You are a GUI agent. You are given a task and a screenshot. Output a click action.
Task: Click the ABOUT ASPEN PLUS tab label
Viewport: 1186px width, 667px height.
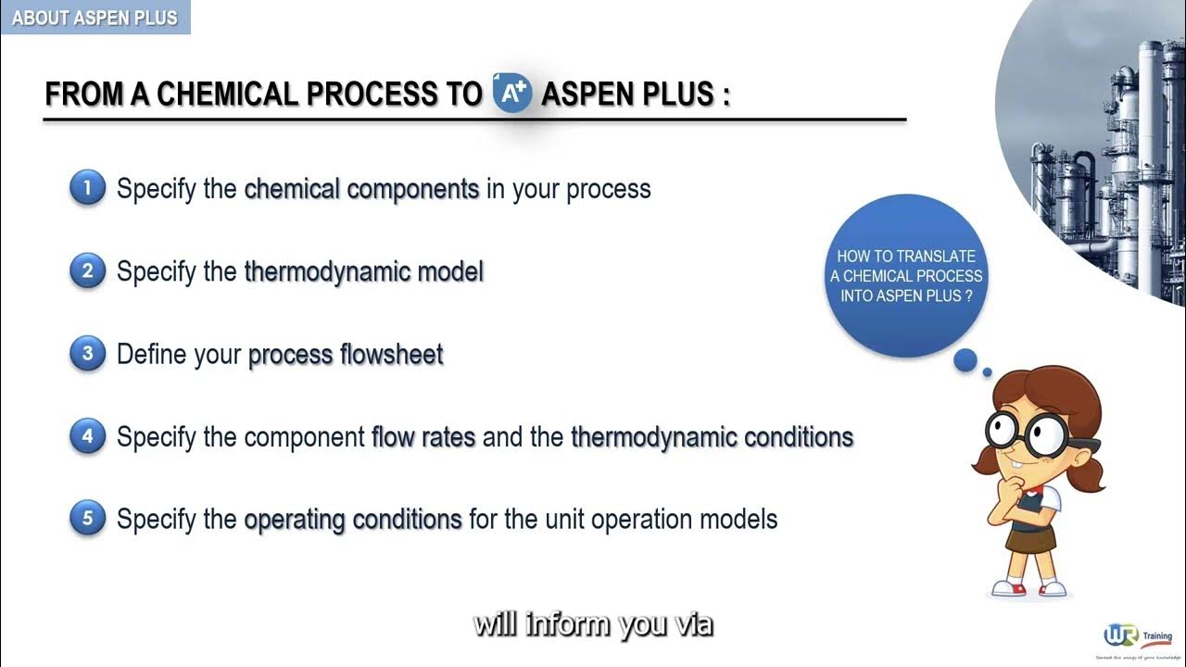[x=95, y=18]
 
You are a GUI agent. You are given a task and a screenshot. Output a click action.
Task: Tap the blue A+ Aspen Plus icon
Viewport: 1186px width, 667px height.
[x=511, y=93]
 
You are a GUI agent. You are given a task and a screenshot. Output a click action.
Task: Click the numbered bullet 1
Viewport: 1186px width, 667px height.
[x=88, y=189]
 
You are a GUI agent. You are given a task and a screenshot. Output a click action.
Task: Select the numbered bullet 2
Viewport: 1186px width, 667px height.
[x=88, y=271]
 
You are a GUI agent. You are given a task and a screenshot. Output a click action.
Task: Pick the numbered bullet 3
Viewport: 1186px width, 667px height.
[x=88, y=354]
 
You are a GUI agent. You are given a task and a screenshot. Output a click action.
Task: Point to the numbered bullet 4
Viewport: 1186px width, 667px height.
[x=88, y=436]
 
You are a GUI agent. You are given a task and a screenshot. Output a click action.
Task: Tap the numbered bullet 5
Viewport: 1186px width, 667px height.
[x=88, y=519]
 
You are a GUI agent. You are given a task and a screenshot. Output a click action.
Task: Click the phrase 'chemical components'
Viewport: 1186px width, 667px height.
[x=361, y=189]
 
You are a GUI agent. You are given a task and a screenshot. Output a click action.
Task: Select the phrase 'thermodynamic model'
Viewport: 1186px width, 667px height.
[x=363, y=271]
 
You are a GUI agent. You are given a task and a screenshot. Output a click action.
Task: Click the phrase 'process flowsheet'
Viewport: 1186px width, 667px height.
[x=346, y=355]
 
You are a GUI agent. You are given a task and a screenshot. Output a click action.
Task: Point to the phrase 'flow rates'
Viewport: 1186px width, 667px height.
[x=423, y=436]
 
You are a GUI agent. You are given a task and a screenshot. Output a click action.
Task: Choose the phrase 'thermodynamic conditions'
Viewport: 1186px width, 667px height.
[x=712, y=436]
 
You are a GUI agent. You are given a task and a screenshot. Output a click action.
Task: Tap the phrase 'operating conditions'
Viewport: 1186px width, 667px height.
[x=353, y=519]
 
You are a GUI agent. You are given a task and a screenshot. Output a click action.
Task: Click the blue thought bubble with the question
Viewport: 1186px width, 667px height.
[x=905, y=276]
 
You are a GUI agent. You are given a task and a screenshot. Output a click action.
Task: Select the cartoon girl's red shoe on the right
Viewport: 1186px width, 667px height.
[x=1053, y=587]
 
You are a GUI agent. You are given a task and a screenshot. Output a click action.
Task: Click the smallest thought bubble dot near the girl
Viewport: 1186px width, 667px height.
[x=988, y=372]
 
